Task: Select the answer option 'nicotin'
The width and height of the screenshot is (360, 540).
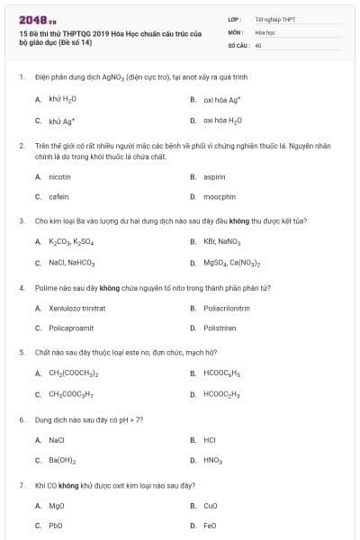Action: (59, 177)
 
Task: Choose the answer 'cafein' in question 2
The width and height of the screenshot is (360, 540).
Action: (58, 196)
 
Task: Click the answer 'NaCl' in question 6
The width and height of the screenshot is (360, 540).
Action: (57, 440)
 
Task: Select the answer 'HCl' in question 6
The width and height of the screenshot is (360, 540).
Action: (210, 440)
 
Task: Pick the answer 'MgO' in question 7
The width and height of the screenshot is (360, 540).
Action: (57, 506)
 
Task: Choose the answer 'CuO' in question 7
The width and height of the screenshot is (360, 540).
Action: (211, 506)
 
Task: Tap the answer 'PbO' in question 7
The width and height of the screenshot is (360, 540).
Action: (56, 525)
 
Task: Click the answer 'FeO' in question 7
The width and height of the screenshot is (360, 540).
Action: (210, 525)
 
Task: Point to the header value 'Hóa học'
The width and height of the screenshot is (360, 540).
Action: (265, 31)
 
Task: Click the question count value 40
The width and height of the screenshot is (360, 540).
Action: (258, 44)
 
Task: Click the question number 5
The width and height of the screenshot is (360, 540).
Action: (21, 354)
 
